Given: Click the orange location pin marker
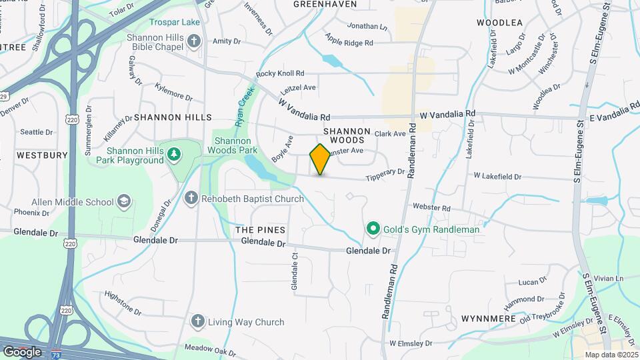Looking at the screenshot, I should pos(320,159).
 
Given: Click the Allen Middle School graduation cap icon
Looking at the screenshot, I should pos(123,201).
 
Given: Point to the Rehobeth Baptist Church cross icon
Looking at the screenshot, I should pos(191,198).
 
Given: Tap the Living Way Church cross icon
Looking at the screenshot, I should pos(197,322).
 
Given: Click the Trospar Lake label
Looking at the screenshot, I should pos(175,22).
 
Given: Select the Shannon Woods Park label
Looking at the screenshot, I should pos(232,146).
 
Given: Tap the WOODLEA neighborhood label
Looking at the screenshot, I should pos(499,23).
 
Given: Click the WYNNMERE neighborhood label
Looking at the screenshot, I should pos(489,319).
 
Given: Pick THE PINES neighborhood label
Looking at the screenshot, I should pos(261,229).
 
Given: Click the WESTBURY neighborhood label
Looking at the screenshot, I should pos(42,155).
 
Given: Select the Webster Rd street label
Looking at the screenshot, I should pos(432,208).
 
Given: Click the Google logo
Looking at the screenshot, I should pos(22,351).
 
